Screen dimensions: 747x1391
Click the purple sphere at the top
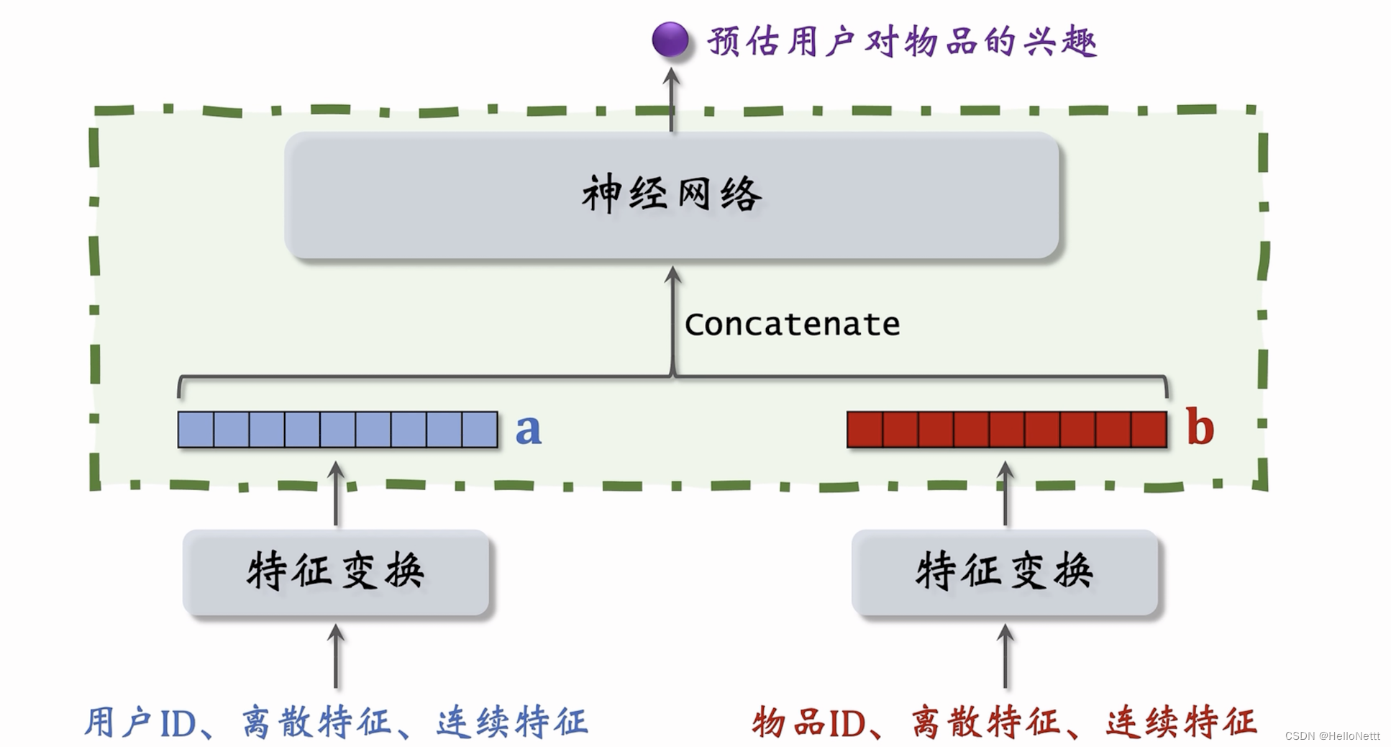click(x=670, y=40)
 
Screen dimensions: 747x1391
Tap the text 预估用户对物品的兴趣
click(x=902, y=42)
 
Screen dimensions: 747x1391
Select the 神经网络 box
click(x=671, y=195)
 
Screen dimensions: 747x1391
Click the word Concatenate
click(x=792, y=325)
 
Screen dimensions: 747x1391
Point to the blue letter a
click(x=529, y=430)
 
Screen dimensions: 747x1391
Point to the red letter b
click(x=1200, y=427)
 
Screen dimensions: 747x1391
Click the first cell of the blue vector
click(x=196, y=430)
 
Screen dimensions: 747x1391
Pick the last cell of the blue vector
click(x=480, y=430)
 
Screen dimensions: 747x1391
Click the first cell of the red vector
click(x=865, y=430)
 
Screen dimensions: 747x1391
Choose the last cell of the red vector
click(x=1149, y=430)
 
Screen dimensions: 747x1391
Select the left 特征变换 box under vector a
click(x=336, y=573)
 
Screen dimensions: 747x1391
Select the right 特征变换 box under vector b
click(x=1005, y=573)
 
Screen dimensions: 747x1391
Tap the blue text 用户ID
click(x=141, y=723)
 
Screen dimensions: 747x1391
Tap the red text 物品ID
click(x=808, y=723)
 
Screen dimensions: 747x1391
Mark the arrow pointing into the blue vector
click(x=336, y=493)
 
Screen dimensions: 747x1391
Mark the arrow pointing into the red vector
click(x=1005, y=493)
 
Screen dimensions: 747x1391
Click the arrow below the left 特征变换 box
click(x=336, y=656)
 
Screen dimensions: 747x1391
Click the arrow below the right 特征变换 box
click(x=1005, y=656)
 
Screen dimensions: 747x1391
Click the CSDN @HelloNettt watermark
click(x=1332, y=736)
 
